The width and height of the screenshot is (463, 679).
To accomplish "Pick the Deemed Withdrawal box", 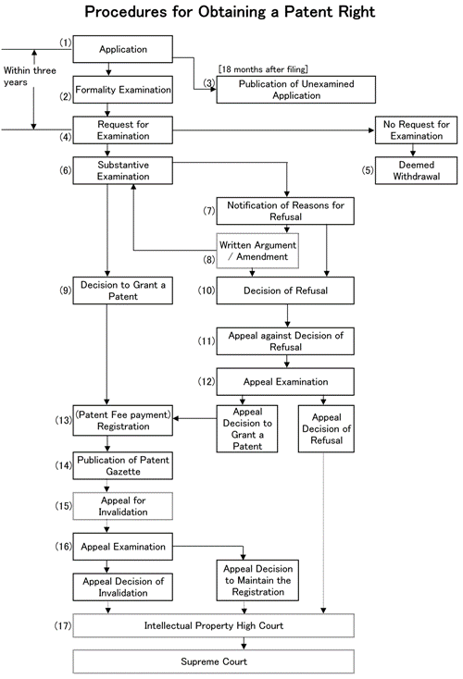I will (x=414, y=170).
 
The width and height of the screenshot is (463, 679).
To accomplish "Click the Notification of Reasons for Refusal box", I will (x=285, y=210).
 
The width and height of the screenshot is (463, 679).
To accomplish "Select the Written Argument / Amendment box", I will (x=257, y=250).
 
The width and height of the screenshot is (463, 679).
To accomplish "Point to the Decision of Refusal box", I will (x=285, y=290).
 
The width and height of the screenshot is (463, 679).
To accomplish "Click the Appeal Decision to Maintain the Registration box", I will (x=257, y=580).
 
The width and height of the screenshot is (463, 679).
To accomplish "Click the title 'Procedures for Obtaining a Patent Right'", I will (x=231, y=15).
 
